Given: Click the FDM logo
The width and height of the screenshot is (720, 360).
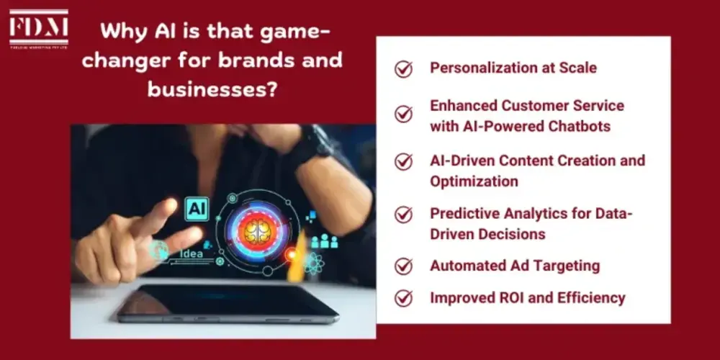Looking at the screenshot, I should pyautogui.click(x=39, y=30).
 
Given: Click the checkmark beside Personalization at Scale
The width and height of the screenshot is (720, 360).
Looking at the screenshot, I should pyautogui.click(x=404, y=69).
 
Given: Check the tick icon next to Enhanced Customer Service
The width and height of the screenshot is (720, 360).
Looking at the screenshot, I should pyautogui.click(x=404, y=114).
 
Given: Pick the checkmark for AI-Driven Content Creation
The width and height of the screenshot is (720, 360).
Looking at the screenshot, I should pyautogui.click(x=404, y=161).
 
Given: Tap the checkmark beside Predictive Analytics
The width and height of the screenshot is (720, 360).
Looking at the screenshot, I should pyautogui.click(x=404, y=215).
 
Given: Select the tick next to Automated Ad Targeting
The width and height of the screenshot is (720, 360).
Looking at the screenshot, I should pyautogui.click(x=404, y=266).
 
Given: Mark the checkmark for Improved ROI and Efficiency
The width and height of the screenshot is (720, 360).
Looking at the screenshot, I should pyautogui.click(x=404, y=298).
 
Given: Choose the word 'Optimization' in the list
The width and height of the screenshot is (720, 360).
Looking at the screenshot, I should pyautogui.click(x=474, y=181).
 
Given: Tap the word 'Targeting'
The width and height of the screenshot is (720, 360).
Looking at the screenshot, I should pyautogui.click(x=565, y=265).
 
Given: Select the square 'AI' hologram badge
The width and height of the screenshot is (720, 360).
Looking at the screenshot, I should pyautogui.click(x=197, y=209).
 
